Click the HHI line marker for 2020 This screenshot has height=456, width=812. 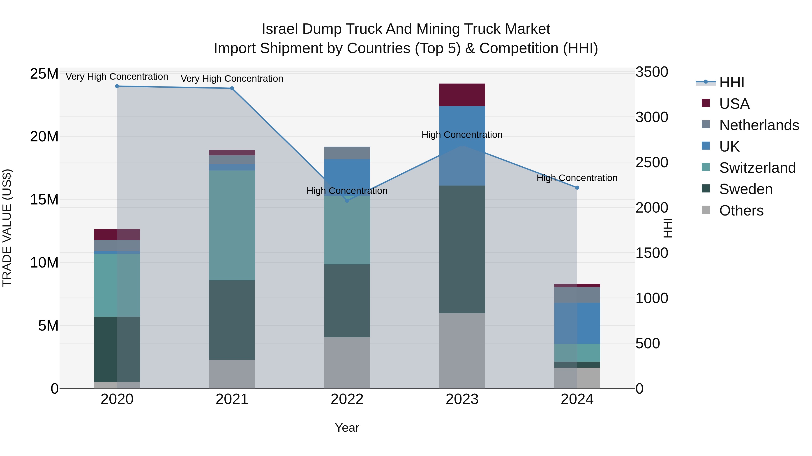pos(117,86)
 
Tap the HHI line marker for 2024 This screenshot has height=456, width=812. pos(577,188)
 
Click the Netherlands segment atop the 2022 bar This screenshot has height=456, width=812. pos(347,153)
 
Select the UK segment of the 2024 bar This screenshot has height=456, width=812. pos(577,323)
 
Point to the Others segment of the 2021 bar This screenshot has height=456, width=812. pos(232,374)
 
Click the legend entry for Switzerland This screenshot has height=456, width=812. pos(757,168)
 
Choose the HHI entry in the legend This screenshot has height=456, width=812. pos(731,82)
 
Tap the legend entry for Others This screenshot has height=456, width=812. pos(741,211)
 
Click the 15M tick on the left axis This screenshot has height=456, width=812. pos(44,200)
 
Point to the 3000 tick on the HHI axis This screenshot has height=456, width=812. pos(652,117)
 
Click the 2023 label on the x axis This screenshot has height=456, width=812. pos(462,399)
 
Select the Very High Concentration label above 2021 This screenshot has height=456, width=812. pos(232,79)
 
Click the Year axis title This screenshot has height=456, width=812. pos(347,428)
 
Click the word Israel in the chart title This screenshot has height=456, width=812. pos(279,29)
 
